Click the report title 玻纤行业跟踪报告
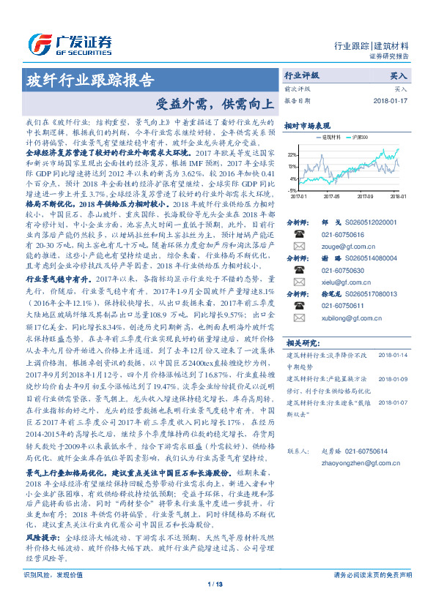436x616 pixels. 89,79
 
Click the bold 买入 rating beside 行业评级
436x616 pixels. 398,75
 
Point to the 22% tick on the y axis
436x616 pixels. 292,155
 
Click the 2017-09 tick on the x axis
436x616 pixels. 366,197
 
